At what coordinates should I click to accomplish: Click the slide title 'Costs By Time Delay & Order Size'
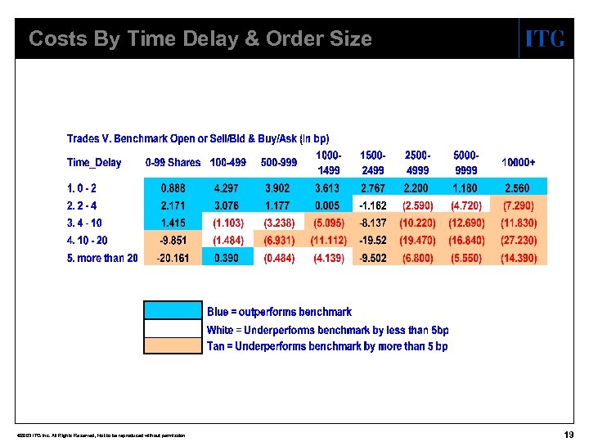200,38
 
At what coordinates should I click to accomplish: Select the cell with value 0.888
173,188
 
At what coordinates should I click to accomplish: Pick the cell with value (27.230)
519,241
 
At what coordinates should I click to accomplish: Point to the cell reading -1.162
373,205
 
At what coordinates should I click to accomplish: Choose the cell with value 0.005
326,205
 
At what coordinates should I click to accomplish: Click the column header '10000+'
519,162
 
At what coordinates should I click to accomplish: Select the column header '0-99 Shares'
173,162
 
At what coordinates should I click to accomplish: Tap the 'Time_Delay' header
94,162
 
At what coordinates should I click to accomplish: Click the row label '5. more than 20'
102,258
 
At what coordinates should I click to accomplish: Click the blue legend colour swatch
173,310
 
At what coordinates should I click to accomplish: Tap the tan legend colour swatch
173,345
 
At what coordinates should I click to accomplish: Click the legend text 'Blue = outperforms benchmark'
279,312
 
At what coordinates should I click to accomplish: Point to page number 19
569,434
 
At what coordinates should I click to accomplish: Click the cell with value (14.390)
519,258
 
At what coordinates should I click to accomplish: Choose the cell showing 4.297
226,188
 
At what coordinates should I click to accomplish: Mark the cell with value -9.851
173,241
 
